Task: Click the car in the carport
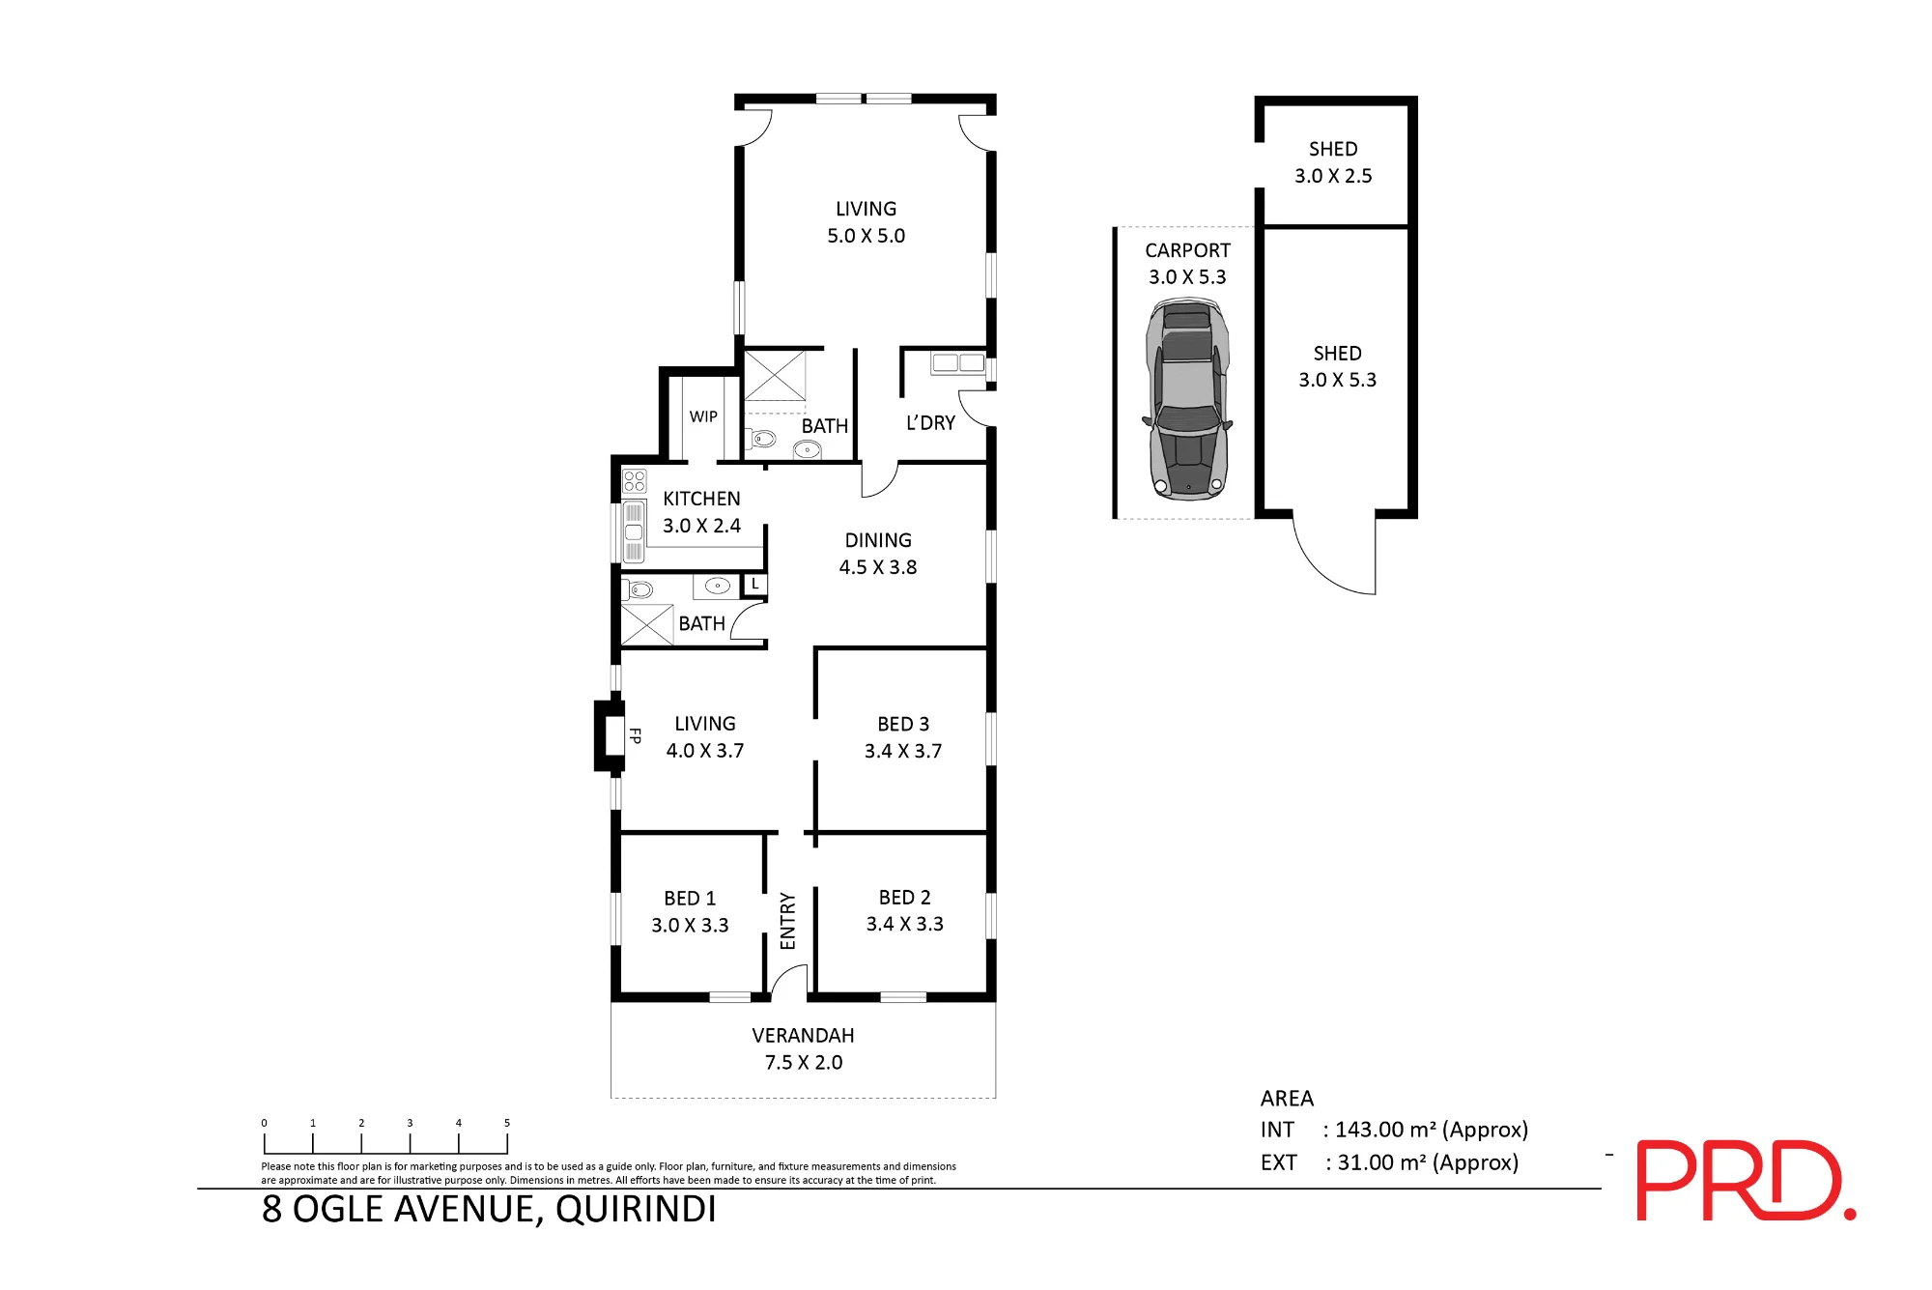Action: tap(1187, 399)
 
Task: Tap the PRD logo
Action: tap(1746, 1180)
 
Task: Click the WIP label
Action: tap(703, 416)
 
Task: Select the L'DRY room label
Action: tap(930, 423)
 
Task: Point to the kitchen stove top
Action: tap(635, 480)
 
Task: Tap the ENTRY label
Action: tap(787, 921)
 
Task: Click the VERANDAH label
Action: tap(803, 1036)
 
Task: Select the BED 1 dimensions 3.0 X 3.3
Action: tap(690, 926)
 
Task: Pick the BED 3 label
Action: tap(903, 724)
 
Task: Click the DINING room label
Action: tap(878, 540)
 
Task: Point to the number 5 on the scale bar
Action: tap(507, 1123)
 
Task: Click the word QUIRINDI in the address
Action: tap(636, 1210)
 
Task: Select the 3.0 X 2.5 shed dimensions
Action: tap(1333, 176)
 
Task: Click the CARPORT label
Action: tap(1187, 250)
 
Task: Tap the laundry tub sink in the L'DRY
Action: tap(958, 363)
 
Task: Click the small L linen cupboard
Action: tap(754, 585)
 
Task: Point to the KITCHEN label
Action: tap(701, 499)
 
